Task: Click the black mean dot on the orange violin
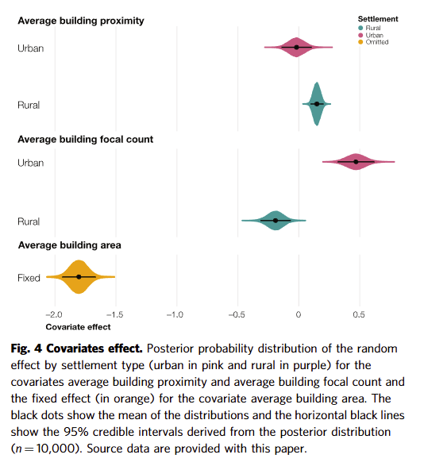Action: pyautogui.click(x=79, y=277)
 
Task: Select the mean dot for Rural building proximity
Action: pyautogui.click(x=317, y=104)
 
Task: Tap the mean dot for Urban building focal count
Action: pyautogui.click(x=356, y=162)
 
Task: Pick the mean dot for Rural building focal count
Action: pyautogui.click(x=276, y=221)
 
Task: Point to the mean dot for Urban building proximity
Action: pyautogui.click(x=296, y=48)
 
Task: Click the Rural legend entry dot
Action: pyautogui.click(x=360, y=28)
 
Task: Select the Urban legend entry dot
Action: pyautogui.click(x=360, y=35)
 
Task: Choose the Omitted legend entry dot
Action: pyautogui.click(x=360, y=42)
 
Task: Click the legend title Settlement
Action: pyautogui.click(x=378, y=19)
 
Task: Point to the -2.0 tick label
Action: pyautogui.click(x=54, y=314)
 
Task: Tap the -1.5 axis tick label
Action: pyautogui.click(x=114, y=314)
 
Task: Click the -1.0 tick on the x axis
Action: pyautogui.click(x=175, y=314)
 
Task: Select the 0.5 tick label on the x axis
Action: pyautogui.click(x=359, y=314)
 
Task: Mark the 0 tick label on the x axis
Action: pyautogui.click(x=299, y=314)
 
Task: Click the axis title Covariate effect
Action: pyautogui.click(x=78, y=327)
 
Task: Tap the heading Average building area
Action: pyautogui.click(x=70, y=245)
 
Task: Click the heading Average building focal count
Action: pyautogui.click(x=86, y=140)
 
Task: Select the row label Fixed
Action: pyautogui.click(x=29, y=278)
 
